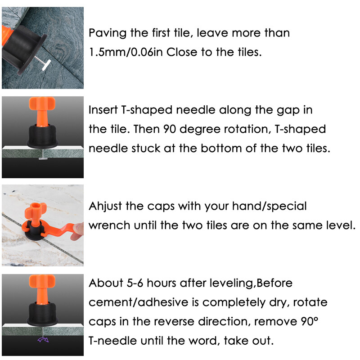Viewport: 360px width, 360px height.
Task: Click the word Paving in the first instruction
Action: tap(108, 33)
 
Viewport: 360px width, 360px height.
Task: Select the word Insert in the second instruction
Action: tap(103, 110)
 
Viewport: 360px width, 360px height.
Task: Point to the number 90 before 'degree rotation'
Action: tap(170, 129)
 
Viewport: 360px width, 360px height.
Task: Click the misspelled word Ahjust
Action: tap(105, 207)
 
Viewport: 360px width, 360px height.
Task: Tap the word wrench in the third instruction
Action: tap(109, 226)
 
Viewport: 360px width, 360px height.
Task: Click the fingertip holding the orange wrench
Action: tap(77, 231)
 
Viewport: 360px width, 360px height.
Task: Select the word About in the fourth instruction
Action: tap(106, 283)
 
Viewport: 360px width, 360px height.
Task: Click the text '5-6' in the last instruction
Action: tap(135, 283)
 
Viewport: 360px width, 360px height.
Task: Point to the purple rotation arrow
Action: tap(43, 340)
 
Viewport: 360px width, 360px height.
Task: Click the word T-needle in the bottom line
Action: tap(112, 341)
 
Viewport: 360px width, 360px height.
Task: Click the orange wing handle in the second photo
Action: tap(42, 103)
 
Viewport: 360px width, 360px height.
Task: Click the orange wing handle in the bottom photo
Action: tap(42, 281)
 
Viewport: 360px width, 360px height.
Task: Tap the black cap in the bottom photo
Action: tap(42, 314)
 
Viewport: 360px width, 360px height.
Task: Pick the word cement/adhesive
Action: tap(139, 302)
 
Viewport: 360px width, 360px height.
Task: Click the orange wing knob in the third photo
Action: tap(36, 208)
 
